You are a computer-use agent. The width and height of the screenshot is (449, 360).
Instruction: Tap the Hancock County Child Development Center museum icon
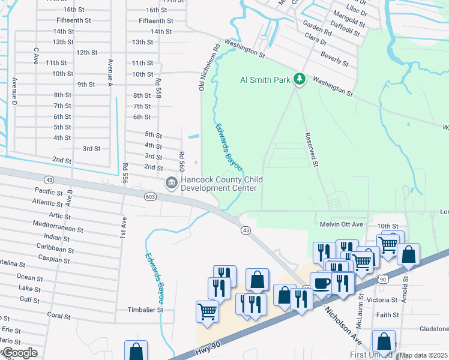point(171,182)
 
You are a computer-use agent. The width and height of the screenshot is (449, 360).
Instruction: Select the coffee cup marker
point(322,282)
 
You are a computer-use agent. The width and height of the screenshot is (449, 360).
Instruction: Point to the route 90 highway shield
point(383,278)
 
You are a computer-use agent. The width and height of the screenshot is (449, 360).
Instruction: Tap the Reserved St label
point(310,149)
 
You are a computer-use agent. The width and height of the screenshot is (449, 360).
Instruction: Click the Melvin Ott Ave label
point(340,224)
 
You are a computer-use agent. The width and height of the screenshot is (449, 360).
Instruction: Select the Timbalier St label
point(144,310)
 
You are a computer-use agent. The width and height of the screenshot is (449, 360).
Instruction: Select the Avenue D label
point(14,93)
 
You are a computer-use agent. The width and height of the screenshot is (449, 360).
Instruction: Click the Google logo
point(19,353)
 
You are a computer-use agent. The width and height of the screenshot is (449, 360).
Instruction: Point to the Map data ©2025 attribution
point(423,355)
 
